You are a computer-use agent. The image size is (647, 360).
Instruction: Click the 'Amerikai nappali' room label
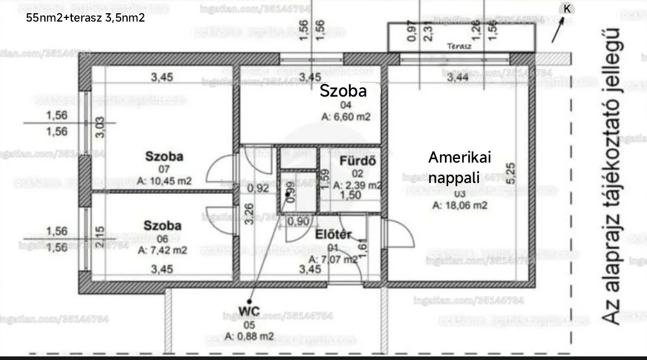[x=459, y=167]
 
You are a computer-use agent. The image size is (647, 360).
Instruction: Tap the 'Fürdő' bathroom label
[x=357, y=161]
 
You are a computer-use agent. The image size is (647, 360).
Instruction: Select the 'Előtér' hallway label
[x=333, y=235]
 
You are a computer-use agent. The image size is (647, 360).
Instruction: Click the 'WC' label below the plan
[x=249, y=310]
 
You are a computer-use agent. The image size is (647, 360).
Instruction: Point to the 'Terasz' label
[x=459, y=46]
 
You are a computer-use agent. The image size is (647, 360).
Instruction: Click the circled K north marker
[x=567, y=8]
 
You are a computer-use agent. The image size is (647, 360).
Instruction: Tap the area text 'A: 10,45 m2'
[x=164, y=181]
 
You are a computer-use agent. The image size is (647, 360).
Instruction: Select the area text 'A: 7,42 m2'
[x=162, y=250]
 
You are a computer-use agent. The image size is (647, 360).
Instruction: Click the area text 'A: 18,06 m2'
[x=460, y=205]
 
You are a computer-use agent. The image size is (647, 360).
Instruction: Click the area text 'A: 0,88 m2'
[x=250, y=336]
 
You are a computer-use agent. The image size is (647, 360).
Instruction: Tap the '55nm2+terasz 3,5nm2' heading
[x=86, y=17]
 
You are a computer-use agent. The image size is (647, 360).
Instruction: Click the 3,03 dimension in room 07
[x=100, y=127]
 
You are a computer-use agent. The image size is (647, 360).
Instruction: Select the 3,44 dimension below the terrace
[x=458, y=77]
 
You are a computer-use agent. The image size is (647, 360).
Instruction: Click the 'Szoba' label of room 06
[x=162, y=226]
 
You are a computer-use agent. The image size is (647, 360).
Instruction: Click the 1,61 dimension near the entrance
[x=362, y=246]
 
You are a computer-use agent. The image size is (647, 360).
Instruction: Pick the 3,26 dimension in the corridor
[x=249, y=214]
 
